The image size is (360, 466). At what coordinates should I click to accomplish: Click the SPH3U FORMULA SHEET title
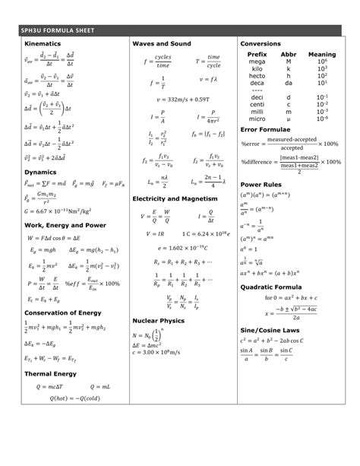[x=58, y=30]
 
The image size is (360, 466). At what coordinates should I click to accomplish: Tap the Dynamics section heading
[x=40, y=172]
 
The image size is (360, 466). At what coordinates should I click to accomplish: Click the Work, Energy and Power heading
[x=65, y=225]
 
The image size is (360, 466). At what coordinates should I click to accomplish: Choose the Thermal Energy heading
[x=50, y=373]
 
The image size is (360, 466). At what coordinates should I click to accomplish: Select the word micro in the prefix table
[x=257, y=119]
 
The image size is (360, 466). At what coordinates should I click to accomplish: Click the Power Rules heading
[x=262, y=184]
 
